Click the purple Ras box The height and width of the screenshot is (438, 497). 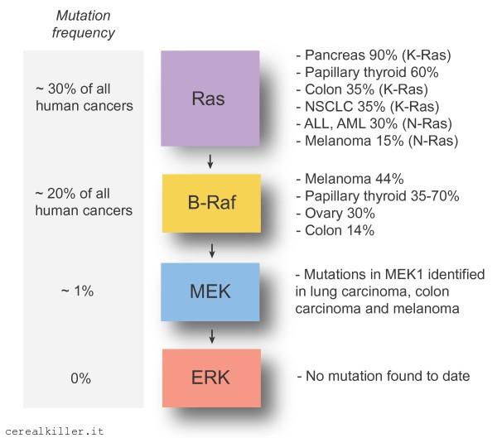(x=210, y=99)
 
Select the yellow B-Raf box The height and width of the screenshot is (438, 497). (x=210, y=202)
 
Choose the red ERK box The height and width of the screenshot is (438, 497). (x=210, y=376)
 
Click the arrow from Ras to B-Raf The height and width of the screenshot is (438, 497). (x=210, y=161)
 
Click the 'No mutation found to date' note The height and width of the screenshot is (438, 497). (x=383, y=376)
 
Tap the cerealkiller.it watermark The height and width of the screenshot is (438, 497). (x=55, y=431)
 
